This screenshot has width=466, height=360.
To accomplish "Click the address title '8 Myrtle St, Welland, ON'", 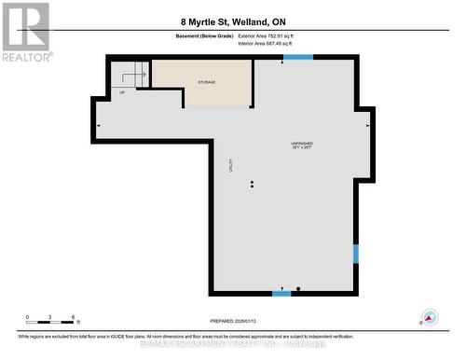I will click(x=232, y=21).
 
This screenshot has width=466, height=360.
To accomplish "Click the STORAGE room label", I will click(x=206, y=82).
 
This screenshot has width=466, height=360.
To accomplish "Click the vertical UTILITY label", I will click(x=230, y=165).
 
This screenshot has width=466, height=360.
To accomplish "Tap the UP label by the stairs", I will click(x=121, y=91).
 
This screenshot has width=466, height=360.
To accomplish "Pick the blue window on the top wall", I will click(x=298, y=59).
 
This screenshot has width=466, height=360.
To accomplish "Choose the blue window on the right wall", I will click(x=355, y=253).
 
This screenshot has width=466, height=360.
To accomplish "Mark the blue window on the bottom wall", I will click(x=281, y=294).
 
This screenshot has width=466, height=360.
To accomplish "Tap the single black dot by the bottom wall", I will click(x=298, y=288).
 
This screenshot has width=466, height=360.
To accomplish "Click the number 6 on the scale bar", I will click(x=73, y=316).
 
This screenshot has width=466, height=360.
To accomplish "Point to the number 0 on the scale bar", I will click(x=27, y=316).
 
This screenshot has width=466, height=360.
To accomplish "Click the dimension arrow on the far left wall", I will click(x=100, y=124).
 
